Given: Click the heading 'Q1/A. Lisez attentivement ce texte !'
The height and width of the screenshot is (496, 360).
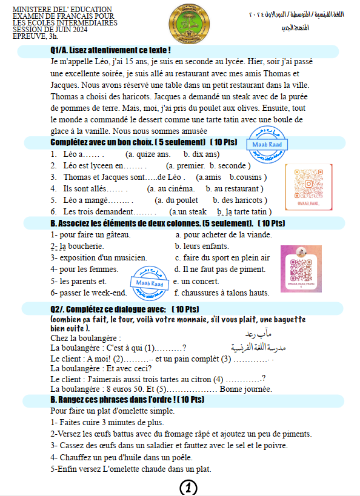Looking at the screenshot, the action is pyautogui.click(x=111, y=50).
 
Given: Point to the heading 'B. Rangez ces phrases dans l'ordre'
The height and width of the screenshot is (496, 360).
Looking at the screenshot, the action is pyautogui.click(x=128, y=400).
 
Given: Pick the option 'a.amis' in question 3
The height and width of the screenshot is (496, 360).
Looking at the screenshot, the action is pyautogui.click(x=209, y=177).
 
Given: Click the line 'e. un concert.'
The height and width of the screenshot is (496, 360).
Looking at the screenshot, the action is pyautogui.click(x=198, y=281).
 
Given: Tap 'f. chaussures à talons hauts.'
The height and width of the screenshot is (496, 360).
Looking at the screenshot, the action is pyautogui.click(x=221, y=293).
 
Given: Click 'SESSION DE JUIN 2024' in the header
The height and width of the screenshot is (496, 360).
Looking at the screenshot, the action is pyautogui.click(x=50, y=29).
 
